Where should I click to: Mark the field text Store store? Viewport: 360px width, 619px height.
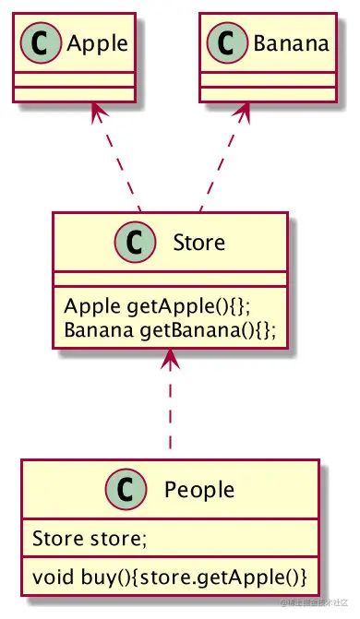tap(78, 537)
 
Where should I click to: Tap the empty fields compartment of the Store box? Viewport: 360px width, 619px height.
tap(170, 278)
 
